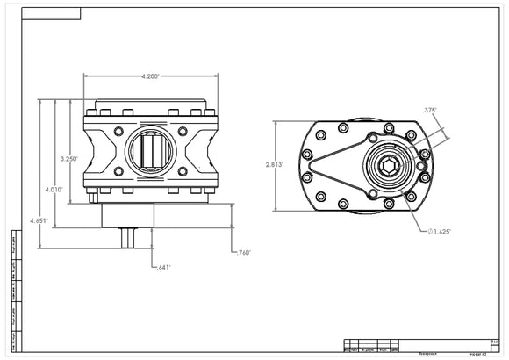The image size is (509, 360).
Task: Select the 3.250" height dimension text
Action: coord(69,159)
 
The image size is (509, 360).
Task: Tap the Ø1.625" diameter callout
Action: coord(441,231)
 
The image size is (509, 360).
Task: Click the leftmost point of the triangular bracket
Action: coord(309,163)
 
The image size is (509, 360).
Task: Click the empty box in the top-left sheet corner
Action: coord(48,13)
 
